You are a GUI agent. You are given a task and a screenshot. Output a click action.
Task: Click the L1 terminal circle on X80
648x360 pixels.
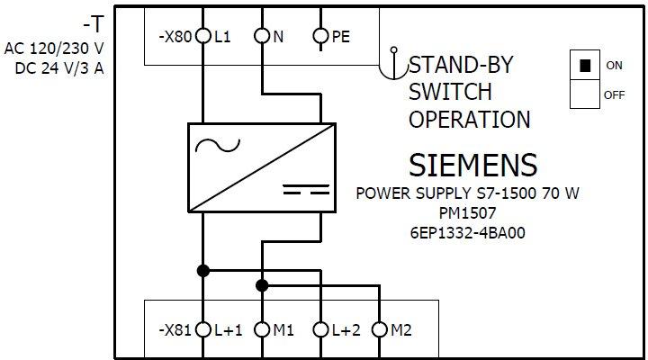[x=202, y=37]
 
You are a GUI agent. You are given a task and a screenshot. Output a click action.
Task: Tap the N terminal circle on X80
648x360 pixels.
[x=262, y=37]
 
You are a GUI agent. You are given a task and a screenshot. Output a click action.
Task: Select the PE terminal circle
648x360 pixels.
[x=320, y=37]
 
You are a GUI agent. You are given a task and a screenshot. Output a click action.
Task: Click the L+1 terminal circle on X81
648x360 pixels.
[x=202, y=330]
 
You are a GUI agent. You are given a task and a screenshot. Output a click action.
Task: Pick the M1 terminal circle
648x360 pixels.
[x=262, y=330]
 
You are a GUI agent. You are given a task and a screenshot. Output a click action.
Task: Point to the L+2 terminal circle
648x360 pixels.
[x=320, y=330]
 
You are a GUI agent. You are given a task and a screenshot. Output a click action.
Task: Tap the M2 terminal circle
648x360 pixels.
[x=379, y=330]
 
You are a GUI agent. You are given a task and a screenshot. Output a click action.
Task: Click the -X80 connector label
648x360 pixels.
[x=175, y=38]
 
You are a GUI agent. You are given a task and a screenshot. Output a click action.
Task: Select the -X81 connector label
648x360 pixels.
[x=175, y=330]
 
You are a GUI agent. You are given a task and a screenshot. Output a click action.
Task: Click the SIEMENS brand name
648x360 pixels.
[x=472, y=166]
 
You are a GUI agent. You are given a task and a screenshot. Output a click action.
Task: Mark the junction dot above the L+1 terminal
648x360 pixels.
[x=202, y=270]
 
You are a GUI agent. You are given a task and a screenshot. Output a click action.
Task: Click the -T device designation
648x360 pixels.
[x=92, y=20]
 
